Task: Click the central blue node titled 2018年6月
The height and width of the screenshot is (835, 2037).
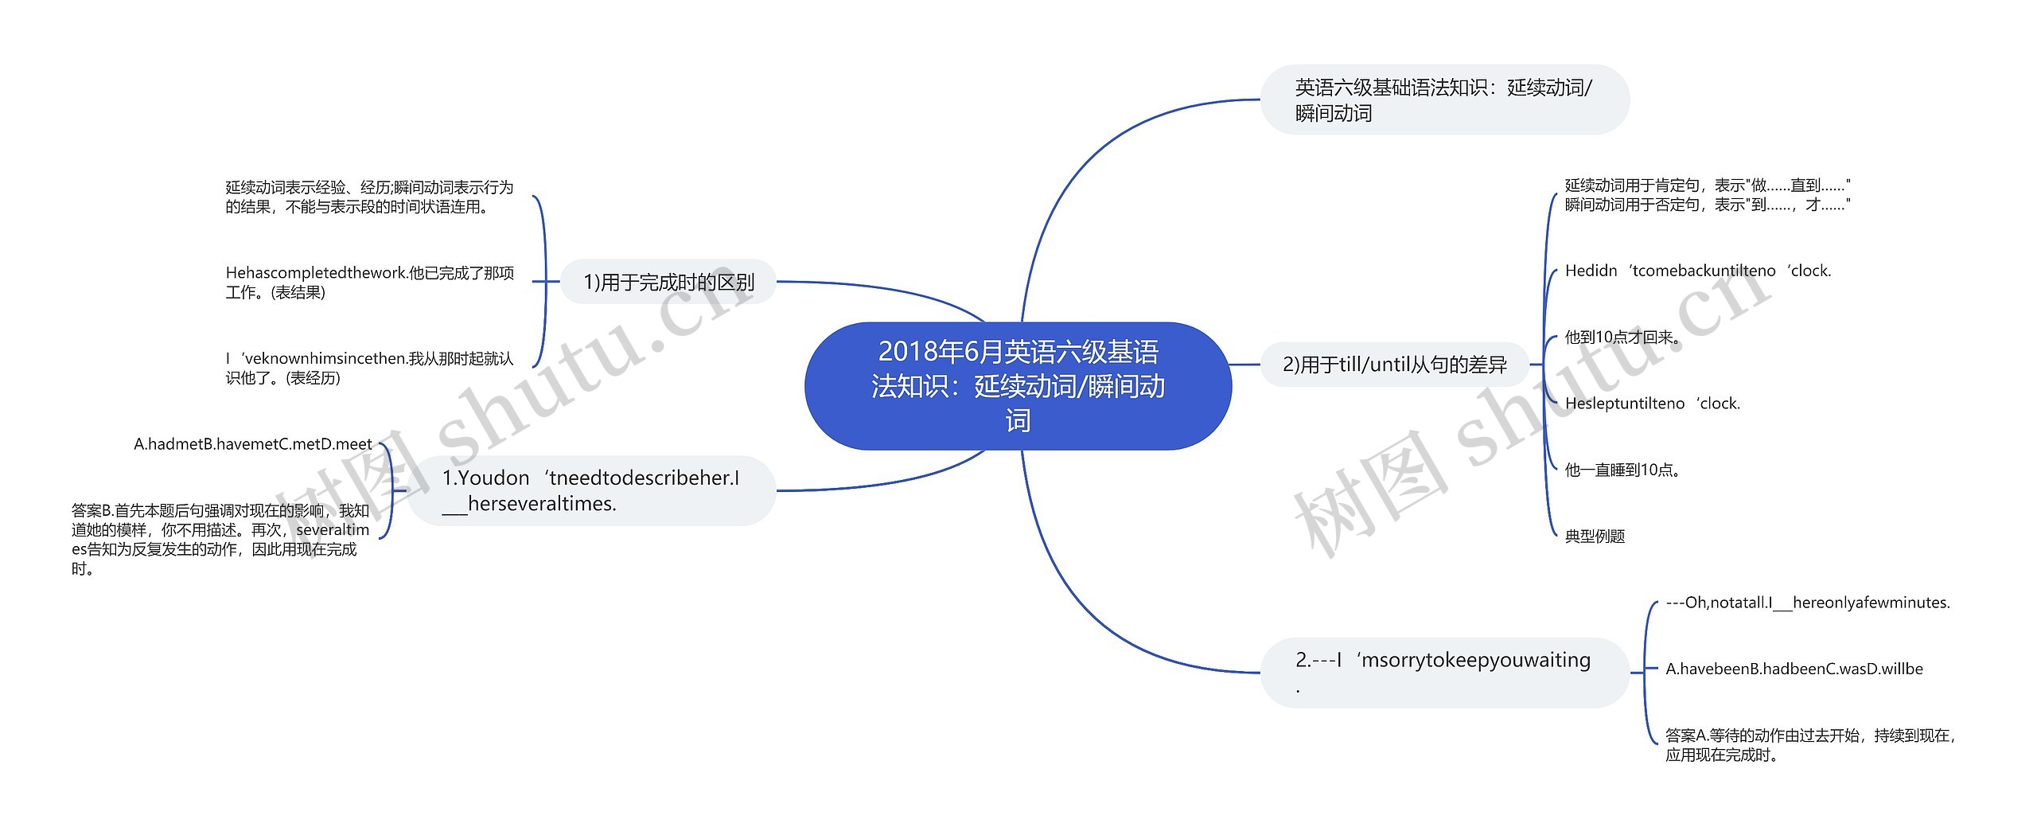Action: click(x=1018, y=386)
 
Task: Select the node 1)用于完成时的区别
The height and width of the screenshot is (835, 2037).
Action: click(x=668, y=282)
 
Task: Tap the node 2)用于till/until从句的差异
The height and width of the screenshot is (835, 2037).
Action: click(x=1395, y=365)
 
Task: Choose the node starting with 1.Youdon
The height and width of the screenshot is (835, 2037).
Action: click(x=591, y=490)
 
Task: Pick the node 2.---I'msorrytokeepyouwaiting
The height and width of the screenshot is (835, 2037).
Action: click(x=1443, y=672)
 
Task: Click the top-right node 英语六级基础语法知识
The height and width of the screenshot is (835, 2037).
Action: click(x=1443, y=100)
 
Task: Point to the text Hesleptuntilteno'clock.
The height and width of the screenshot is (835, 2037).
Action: click(x=1652, y=404)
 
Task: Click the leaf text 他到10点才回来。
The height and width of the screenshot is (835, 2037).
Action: click(x=1623, y=338)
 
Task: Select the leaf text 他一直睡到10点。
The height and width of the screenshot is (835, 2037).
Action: click(x=1623, y=470)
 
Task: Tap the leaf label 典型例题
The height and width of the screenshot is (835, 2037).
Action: click(x=1595, y=537)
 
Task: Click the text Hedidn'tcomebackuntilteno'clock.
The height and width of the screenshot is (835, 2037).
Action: click(x=1697, y=271)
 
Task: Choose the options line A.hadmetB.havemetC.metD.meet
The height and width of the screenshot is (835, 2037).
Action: click(x=253, y=444)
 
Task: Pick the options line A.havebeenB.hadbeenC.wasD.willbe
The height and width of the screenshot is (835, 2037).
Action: click(x=1794, y=669)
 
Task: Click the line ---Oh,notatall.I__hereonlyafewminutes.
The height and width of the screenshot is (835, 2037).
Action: click(x=1807, y=603)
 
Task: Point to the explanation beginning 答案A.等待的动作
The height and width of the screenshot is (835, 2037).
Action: click(x=1809, y=745)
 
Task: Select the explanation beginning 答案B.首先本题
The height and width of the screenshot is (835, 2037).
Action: click(x=220, y=539)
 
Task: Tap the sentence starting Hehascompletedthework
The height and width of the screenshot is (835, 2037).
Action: click(x=369, y=283)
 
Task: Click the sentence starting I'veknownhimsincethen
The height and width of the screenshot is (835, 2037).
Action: click(x=369, y=368)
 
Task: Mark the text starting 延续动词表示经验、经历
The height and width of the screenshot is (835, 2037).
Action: click(x=369, y=197)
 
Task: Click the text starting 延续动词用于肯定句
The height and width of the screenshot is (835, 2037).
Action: click(x=1707, y=195)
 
